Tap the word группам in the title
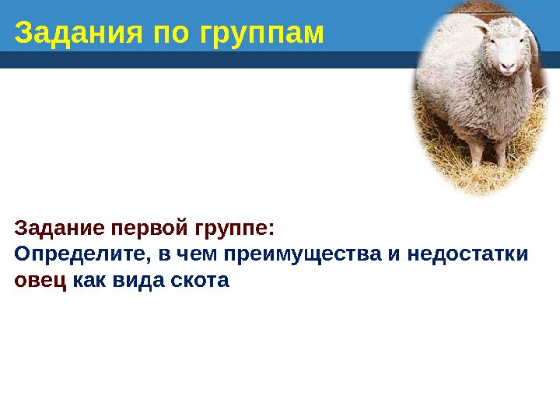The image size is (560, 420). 261,33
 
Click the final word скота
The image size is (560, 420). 200,280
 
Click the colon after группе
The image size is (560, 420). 271,231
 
